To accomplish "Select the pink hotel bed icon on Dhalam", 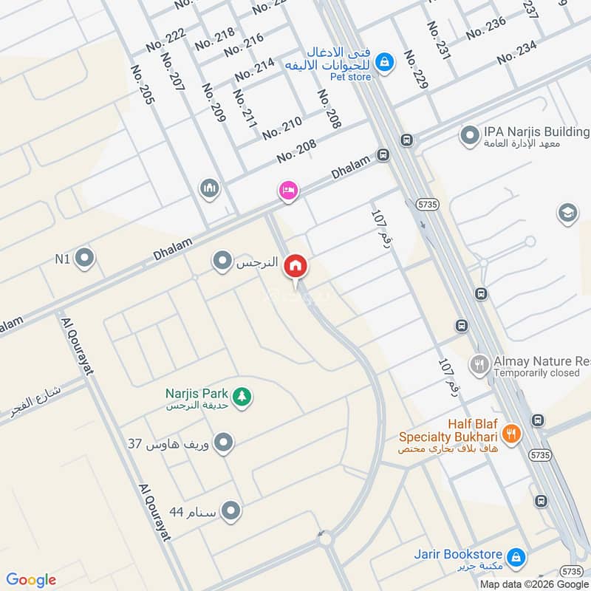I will coord(287,191).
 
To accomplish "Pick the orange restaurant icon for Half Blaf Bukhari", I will coord(510,433).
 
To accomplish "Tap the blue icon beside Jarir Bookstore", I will coord(518,555).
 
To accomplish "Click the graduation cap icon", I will coord(567,213).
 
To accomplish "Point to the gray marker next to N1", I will coord(85,259).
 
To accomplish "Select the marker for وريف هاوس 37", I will coord(224,443).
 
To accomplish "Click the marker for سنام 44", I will coord(231,510).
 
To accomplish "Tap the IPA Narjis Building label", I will coord(536,131).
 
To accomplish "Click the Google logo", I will coord(31,579).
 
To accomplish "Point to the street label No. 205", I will coord(142,84).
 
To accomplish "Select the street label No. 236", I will coord(486,28).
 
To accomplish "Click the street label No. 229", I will coord(417,71).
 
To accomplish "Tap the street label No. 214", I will coord(255,69).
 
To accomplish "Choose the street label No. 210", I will coord(281,128).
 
